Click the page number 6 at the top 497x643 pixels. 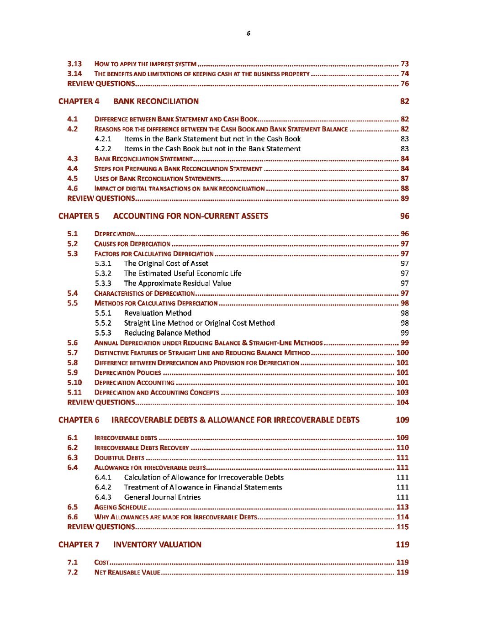tap(248, 33)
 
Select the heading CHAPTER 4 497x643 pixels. tap(79, 101)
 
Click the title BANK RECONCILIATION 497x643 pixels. tap(156, 101)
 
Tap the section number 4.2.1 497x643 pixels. tap(103, 139)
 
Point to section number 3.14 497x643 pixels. tap(74, 74)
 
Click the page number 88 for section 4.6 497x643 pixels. tap(405, 189)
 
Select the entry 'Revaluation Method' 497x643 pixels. tap(158, 313)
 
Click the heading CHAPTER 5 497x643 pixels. tap(79, 216)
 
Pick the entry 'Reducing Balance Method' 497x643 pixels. tap(167, 333)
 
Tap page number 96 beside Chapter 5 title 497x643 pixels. tap(405, 216)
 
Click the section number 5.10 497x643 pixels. tap(74, 383)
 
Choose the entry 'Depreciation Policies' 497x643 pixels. tap(127, 373)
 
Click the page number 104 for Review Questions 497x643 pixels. tap(402, 402)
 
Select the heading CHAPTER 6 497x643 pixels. tap(79, 420)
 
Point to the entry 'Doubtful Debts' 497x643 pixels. tap(119, 458)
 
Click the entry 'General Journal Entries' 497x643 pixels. tap(162, 497)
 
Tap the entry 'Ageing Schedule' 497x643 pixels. tap(121, 507)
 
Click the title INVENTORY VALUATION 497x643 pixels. tap(157, 545)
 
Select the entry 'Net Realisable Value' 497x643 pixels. tap(127, 573)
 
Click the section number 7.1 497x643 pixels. tap(73, 563)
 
